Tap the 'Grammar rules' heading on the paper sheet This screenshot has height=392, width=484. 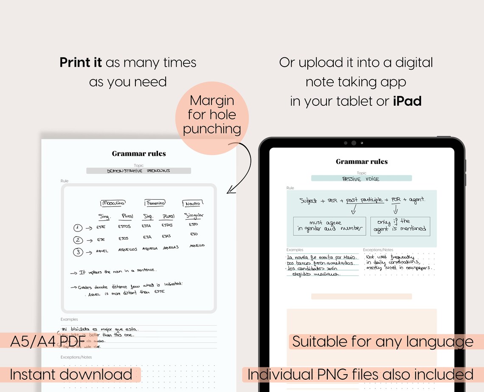point(139,154)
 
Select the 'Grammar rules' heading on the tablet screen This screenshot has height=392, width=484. point(361,161)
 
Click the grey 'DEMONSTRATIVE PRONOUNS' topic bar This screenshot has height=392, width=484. point(138,171)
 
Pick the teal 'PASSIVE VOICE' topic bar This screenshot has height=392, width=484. point(361,179)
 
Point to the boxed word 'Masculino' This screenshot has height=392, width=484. point(113,203)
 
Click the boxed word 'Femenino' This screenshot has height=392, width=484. point(155,203)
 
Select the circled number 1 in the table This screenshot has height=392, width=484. point(78,228)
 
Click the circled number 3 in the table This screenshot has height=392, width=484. point(78,252)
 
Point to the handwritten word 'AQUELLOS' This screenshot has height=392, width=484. point(128,250)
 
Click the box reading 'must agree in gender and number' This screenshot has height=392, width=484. point(329,226)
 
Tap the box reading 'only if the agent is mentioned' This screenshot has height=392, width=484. point(400,226)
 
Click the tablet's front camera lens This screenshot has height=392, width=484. point(353,143)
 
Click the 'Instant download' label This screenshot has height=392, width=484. point(71,375)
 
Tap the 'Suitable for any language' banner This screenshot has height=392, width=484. point(382,341)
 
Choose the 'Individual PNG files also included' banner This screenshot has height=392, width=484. point(360,375)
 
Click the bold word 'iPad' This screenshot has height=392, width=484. point(407,102)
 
